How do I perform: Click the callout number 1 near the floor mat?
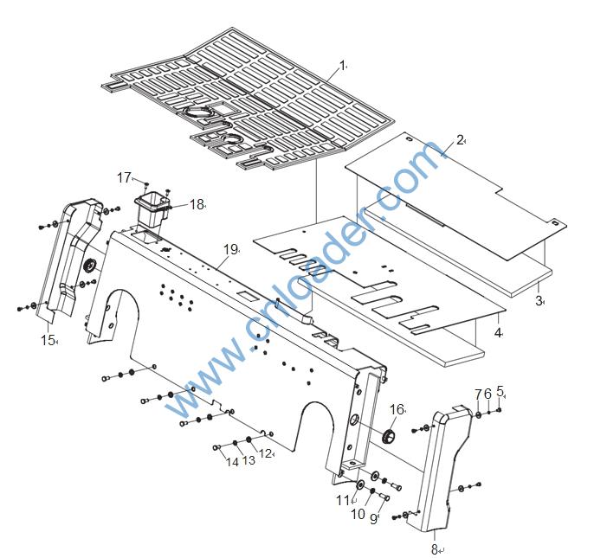[342, 65]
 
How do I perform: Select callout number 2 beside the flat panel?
[460, 138]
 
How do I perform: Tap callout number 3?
[538, 300]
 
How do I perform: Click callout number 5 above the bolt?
[500, 392]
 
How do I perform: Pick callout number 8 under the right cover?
[434, 548]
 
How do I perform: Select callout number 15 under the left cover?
[48, 340]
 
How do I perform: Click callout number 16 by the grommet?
[397, 409]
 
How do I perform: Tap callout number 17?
[124, 177]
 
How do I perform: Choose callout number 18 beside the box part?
[197, 204]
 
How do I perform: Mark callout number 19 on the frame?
[229, 249]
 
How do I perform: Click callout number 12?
[266, 453]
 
